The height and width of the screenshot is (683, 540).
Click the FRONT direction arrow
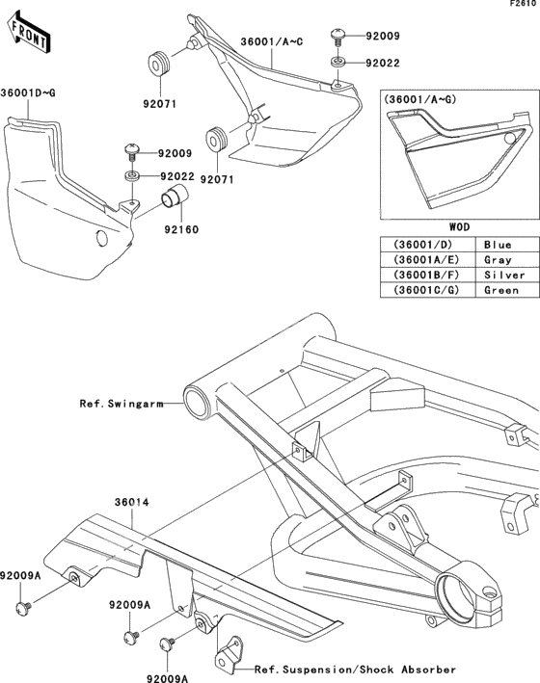click(29, 35)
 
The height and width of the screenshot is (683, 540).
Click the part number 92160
click(181, 229)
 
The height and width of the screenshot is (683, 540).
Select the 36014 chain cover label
click(132, 502)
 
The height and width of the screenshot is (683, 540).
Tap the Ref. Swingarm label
click(121, 404)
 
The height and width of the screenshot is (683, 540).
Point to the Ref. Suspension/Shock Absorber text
click(355, 670)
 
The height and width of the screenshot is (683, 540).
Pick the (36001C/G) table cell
click(426, 290)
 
